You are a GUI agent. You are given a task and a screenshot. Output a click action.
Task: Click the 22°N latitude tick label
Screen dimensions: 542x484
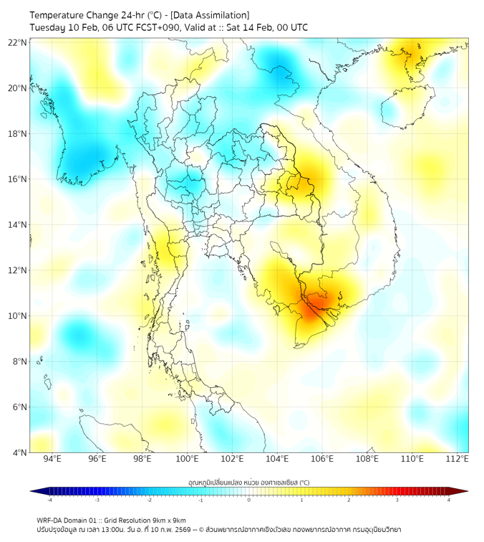click(x=18, y=42)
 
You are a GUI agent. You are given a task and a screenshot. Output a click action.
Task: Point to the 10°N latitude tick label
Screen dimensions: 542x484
click(x=18, y=315)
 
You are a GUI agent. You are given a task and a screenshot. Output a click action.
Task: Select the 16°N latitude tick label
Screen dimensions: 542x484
click(x=18, y=179)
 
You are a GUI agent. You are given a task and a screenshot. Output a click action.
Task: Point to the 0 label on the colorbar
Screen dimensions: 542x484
click(x=249, y=500)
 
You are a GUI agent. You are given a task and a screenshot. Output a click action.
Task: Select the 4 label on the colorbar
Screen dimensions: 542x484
click(x=449, y=500)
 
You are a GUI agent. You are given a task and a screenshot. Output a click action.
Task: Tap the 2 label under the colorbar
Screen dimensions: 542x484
click(x=349, y=500)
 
